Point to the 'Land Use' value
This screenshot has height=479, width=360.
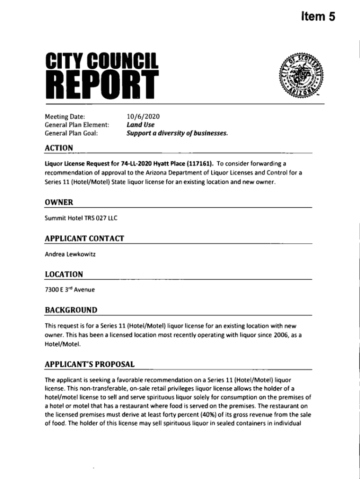pyautogui.click(x=140, y=125)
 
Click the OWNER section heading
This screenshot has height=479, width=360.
pyautogui.click(x=58, y=202)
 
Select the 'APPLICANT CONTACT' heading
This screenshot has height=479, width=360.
pyautogui.click(x=84, y=239)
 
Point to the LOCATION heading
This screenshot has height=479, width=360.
pyautogui.click(x=64, y=274)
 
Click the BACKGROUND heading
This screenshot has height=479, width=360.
pyautogui.click(x=71, y=310)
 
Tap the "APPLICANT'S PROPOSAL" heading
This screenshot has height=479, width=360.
pyautogui.click(x=89, y=364)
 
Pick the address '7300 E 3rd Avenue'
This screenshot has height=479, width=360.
pyautogui.click(x=69, y=290)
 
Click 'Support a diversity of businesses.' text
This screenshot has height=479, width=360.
pyautogui.click(x=177, y=133)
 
